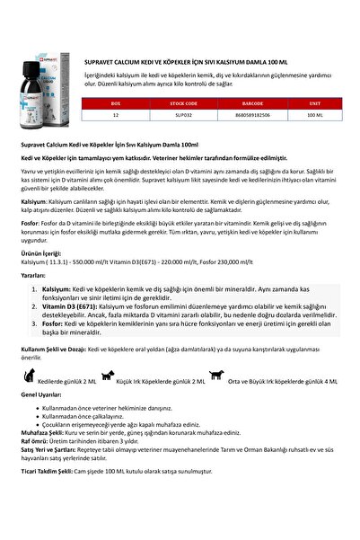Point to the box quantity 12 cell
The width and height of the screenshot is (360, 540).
[115, 115]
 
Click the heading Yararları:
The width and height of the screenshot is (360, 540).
[35, 278]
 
